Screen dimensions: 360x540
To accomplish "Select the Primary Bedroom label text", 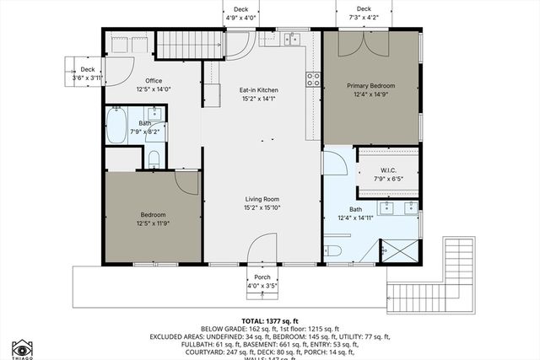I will tap(370, 84).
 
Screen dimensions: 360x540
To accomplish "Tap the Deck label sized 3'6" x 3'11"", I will tap(88, 70).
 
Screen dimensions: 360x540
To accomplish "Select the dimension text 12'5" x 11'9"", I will tap(154, 223).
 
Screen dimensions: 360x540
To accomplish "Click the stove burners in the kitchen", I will tap(313, 79).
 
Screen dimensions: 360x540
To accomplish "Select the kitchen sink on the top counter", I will tap(292, 38).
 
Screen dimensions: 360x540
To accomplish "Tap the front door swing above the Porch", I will tap(263, 249).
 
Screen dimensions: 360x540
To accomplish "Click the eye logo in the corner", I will tap(22, 347).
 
